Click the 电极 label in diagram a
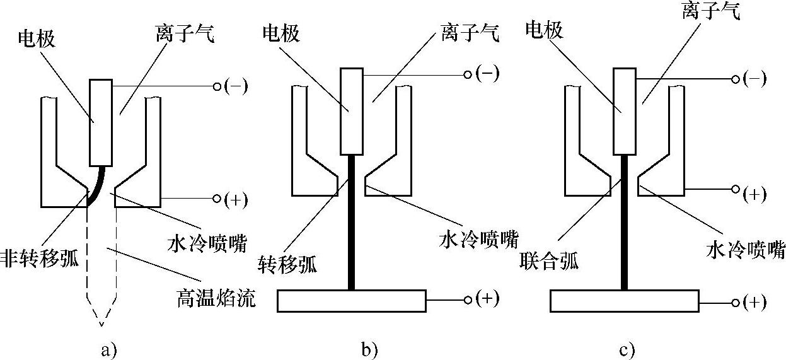pyautogui.click(x=38, y=39)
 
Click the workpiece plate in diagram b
pyautogui.click(x=352, y=301)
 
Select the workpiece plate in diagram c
pyautogui.click(x=625, y=301)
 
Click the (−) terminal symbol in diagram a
pyautogui.click(x=236, y=86)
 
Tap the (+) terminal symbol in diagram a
pyautogui.click(x=236, y=199)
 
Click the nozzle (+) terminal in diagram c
pyautogui.click(x=754, y=194)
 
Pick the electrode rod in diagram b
pyautogui.click(x=351, y=111)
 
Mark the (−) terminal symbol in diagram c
pyautogui.click(x=754, y=79)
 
